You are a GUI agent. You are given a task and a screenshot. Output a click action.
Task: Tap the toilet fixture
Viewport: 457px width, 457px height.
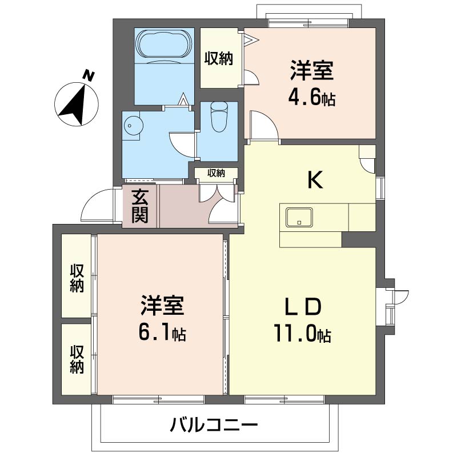click(219, 117)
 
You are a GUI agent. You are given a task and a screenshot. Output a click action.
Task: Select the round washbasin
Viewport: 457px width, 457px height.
click(133, 126)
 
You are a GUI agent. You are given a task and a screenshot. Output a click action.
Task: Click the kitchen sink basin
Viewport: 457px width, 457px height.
click(299, 218)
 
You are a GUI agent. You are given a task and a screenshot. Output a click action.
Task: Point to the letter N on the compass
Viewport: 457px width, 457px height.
click(89, 75)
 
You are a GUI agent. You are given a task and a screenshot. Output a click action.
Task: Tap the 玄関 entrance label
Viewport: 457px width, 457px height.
click(140, 206)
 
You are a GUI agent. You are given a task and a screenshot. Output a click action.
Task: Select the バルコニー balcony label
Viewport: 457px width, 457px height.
click(214, 425)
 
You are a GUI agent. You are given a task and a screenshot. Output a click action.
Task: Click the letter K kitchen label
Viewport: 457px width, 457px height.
click(315, 180)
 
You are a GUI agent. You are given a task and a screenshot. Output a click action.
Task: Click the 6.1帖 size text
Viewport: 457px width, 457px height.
click(162, 334)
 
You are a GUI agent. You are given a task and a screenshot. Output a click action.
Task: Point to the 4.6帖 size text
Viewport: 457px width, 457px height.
click(312, 98)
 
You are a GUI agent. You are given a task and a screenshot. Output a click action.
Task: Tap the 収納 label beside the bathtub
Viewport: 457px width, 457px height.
click(219, 59)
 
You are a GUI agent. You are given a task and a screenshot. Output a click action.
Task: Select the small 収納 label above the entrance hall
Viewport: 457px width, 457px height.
click(217, 173)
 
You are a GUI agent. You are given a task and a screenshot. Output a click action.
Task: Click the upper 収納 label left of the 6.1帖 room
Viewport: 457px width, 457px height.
click(77, 278)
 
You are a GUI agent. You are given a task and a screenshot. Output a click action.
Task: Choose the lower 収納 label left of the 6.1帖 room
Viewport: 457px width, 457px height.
click(77, 359)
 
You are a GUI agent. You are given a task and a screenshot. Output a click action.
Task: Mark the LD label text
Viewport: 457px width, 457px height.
click(303, 307)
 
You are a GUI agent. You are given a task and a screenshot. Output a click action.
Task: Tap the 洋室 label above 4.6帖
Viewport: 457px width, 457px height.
click(312, 70)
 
